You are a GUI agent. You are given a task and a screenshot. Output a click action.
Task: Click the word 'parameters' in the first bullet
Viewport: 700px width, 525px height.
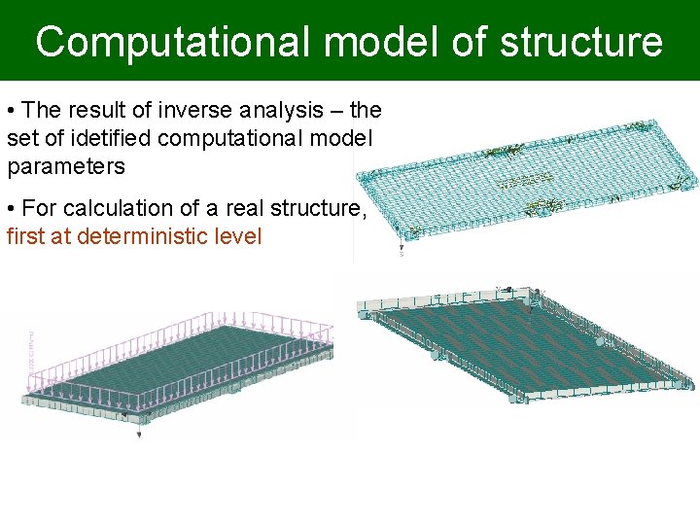(x=66, y=166)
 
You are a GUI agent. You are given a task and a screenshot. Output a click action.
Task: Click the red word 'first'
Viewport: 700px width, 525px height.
(x=25, y=235)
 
